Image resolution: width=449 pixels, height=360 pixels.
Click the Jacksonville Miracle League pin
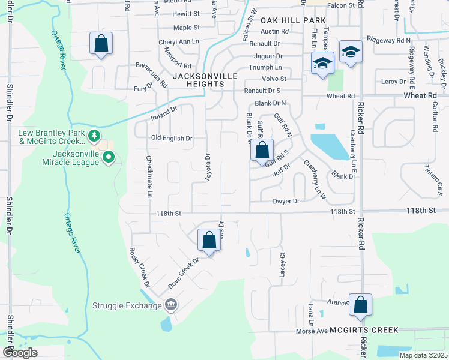click(x=108, y=158)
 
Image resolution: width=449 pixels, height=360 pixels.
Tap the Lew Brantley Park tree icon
click(x=94, y=136)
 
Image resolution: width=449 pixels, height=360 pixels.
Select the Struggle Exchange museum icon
click(x=171, y=305)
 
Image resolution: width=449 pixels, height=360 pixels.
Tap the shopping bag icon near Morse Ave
click(x=360, y=305)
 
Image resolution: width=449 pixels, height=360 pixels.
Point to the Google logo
click(x=20, y=353)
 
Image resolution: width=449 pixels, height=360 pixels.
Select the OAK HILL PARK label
click(x=292, y=20)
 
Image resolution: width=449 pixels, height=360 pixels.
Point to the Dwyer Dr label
click(x=286, y=202)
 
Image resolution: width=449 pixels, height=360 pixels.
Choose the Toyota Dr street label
click(x=207, y=164)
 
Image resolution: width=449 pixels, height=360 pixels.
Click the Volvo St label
click(x=274, y=79)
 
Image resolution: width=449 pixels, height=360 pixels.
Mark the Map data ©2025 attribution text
click(x=423, y=355)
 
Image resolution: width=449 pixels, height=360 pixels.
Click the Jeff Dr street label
click(x=277, y=174)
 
